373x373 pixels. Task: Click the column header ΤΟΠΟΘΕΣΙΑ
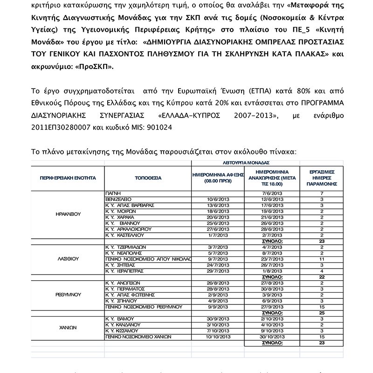(148, 178)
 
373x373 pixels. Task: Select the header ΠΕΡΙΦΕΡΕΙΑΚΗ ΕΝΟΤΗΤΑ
(68, 178)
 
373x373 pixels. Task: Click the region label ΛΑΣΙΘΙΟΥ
(68, 258)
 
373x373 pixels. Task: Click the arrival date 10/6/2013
(218, 199)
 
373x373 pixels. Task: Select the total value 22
(322, 277)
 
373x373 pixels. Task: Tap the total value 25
(322, 313)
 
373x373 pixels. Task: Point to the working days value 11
(322, 259)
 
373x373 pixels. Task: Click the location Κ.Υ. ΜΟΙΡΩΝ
(123, 211)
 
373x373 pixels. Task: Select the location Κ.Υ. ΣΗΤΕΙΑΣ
(123, 265)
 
